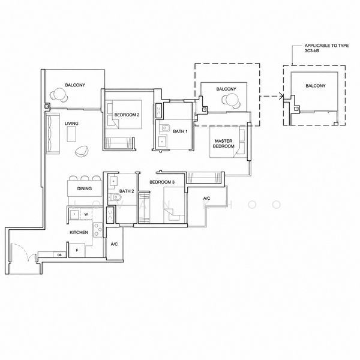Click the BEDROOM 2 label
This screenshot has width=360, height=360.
(x=127, y=115)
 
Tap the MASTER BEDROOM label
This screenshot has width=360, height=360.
(x=223, y=143)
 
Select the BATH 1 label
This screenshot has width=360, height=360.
(x=180, y=131)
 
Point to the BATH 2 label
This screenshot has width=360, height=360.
(x=127, y=191)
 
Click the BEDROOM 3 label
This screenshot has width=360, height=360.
(x=162, y=182)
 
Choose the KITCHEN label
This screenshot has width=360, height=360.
(x=79, y=232)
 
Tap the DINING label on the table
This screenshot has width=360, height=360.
(x=84, y=188)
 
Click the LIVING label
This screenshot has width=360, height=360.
(x=71, y=123)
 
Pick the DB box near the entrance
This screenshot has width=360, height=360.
(x=59, y=254)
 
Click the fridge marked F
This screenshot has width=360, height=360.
(x=77, y=250)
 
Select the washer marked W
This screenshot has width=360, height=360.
(x=86, y=214)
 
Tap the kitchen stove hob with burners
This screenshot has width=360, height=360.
(x=98, y=230)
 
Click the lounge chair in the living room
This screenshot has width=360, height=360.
(x=81, y=151)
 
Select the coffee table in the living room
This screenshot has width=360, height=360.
(x=71, y=134)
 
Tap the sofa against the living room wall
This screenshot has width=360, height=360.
(x=53, y=133)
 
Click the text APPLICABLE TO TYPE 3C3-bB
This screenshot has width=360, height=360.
(x=326, y=48)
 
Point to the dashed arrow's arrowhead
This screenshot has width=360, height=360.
(x=281, y=96)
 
